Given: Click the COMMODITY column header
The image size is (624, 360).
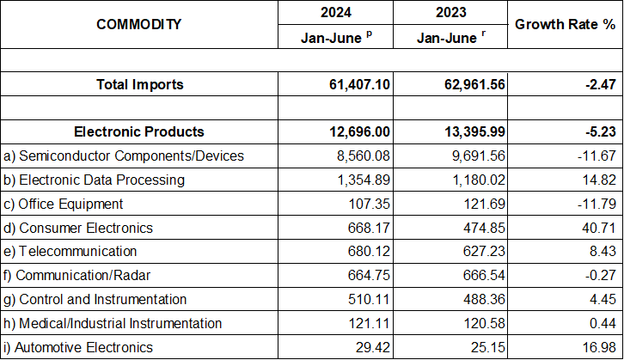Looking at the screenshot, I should click(x=138, y=24).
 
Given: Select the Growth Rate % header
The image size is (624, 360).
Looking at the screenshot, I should click(x=563, y=24).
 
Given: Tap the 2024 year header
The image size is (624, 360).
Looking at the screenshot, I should click(x=335, y=13).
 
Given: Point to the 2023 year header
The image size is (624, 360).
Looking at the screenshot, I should click(x=450, y=13).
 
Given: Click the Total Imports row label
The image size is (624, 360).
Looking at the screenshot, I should click(x=139, y=84).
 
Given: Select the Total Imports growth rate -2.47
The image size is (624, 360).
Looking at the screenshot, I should click(x=594, y=84).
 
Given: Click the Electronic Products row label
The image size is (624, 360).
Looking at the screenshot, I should click(x=139, y=131).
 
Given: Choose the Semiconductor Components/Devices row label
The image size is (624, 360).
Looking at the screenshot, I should click(x=124, y=156).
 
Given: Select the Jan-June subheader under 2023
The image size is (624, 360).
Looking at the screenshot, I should click(x=450, y=37).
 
